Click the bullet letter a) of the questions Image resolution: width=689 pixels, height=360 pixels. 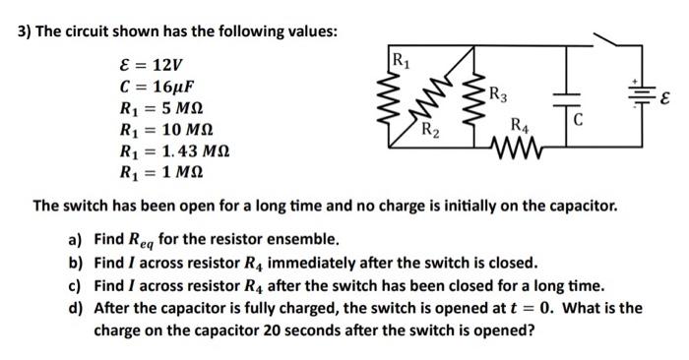click(75, 239)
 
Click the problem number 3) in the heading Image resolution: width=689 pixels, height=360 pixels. click(25, 30)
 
